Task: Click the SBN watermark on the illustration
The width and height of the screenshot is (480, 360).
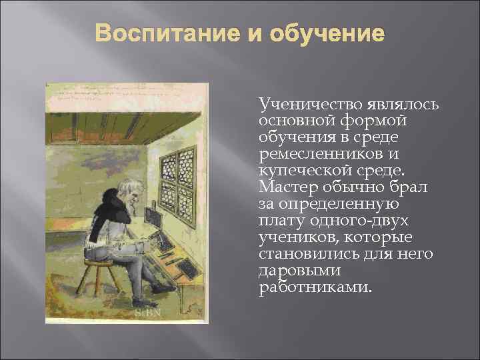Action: (147, 311)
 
